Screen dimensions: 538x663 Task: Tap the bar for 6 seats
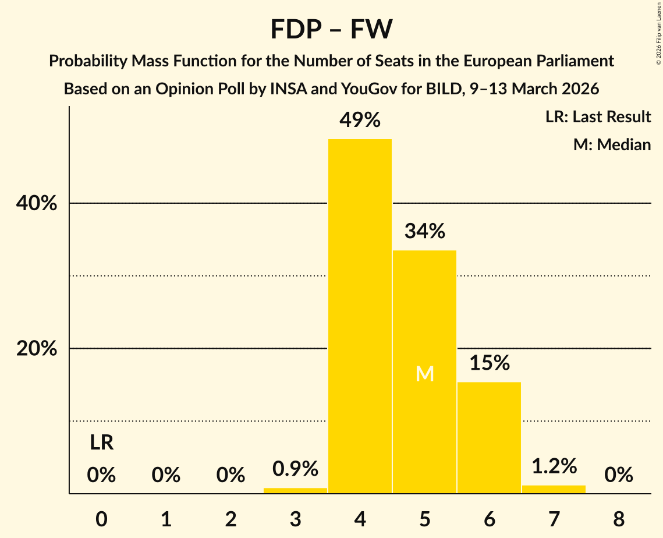489,437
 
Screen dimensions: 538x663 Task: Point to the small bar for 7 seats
554,490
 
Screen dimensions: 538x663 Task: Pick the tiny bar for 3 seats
295,491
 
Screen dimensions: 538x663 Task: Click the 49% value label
360,121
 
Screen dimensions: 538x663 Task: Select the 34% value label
424,232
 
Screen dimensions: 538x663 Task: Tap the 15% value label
489,363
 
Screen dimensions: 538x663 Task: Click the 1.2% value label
554,466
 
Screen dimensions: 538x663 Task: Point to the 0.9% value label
295,468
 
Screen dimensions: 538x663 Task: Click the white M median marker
425,374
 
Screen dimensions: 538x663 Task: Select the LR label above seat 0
101,444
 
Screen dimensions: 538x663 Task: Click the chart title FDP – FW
331,29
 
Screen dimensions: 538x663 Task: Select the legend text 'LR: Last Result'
598,117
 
